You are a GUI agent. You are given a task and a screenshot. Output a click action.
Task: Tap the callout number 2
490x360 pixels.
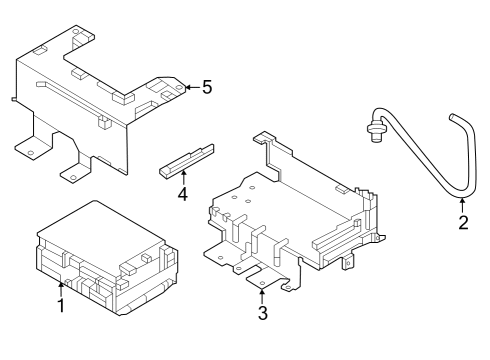[x=463, y=222]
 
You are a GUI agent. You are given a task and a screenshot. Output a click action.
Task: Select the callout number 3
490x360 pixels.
[x=263, y=314]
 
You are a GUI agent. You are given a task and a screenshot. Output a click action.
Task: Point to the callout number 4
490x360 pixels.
[x=183, y=192]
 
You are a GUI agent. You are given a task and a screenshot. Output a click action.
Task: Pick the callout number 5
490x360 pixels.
[x=206, y=87]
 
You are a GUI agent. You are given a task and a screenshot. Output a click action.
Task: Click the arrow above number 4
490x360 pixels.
[x=183, y=176]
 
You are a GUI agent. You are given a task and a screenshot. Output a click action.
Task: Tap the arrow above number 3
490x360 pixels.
[x=263, y=296]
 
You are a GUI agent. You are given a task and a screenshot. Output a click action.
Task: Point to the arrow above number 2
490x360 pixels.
[x=463, y=204]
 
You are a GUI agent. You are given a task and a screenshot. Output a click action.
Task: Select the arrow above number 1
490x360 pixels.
[x=60, y=288]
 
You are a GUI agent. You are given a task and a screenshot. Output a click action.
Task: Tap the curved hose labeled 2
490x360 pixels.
[x=420, y=160]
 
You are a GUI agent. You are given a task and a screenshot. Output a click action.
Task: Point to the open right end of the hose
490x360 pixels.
[x=455, y=120]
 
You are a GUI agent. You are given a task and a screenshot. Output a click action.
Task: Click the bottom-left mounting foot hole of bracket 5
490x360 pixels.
[x=31, y=151]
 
